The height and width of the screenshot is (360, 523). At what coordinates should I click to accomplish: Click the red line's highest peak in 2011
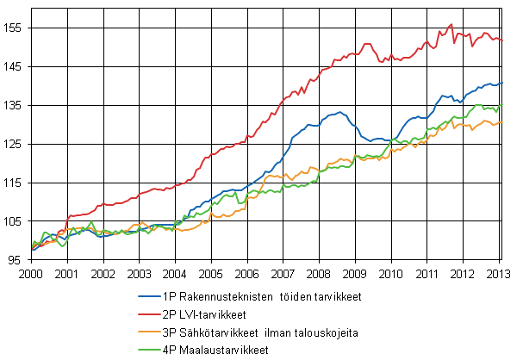click(x=451, y=24)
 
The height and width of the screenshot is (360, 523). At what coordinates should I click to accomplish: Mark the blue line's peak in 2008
click(x=340, y=112)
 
